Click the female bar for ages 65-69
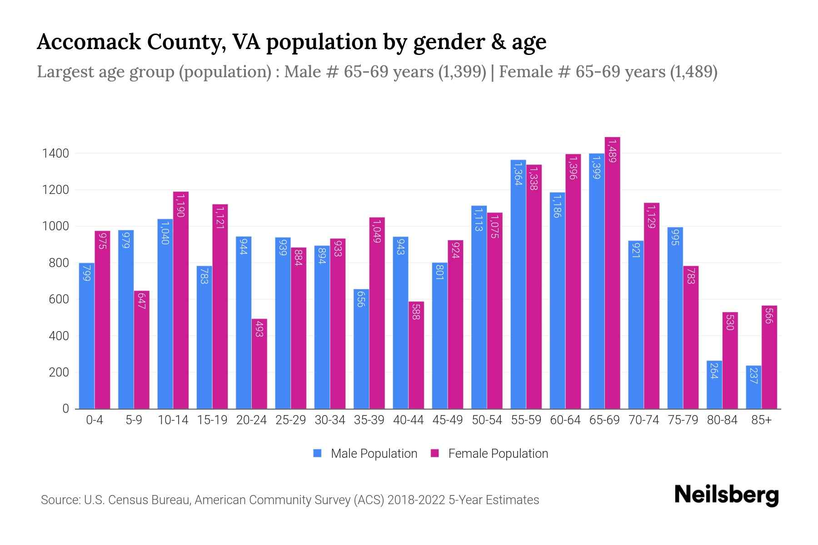612,272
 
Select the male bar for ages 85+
753,387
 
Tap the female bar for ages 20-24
259,363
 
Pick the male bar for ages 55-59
518,284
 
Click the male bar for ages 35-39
361,349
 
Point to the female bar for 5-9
142,350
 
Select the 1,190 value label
181,205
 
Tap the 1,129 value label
652,217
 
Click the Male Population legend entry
365,454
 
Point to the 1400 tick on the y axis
55,154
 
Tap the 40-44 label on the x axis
408,420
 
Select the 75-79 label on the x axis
683,420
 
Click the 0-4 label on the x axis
95,420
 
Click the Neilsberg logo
726,495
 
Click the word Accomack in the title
89,42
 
